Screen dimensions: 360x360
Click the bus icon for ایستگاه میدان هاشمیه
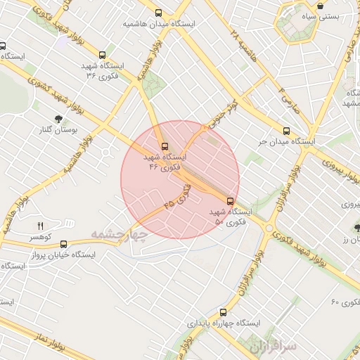pyautogui.click(x=160, y=13)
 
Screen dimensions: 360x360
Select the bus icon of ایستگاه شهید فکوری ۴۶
pyautogui.click(x=165, y=146)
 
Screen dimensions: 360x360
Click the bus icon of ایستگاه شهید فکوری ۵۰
pyautogui.click(x=231, y=201)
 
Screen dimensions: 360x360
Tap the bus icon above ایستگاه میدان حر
pyautogui.click(x=286, y=130)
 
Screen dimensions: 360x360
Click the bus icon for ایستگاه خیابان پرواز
pyautogui.click(x=63, y=245)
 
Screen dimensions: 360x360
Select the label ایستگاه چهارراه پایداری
pyautogui.click(x=224, y=323)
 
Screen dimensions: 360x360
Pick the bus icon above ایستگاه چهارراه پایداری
pyautogui.click(x=224, y=311)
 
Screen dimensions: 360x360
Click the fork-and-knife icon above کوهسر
pyautogui.click(x=40, y=226)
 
